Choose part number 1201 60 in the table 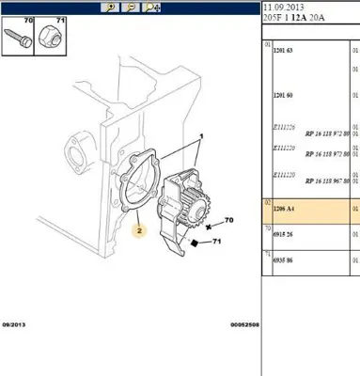(x=285, y=96)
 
